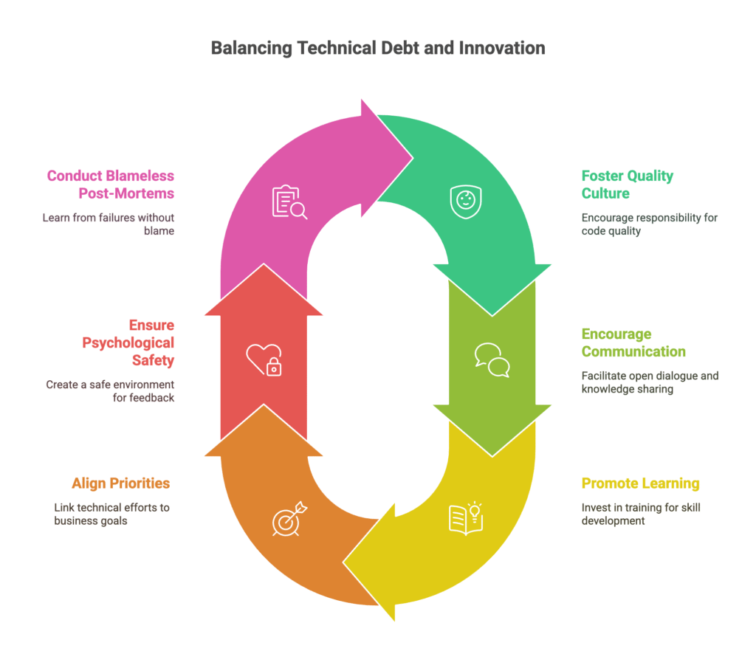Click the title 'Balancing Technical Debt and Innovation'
(378, 48)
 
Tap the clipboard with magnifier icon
(289, 202)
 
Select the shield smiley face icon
(466, 202)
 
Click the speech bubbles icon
(492, 360)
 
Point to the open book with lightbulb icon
(466, 519)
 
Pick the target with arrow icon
(289, 519)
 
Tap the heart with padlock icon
(264, 359)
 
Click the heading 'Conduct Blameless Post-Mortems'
(111, 185)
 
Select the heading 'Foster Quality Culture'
(628, 185)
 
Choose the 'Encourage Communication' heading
(633, 342)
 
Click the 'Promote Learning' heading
(640, 483)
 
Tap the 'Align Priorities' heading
(120, 483)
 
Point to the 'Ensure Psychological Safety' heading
(128, 342)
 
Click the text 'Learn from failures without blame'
(108, 224)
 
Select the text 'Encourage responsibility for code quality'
(650, 224)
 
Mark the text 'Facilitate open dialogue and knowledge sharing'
(650, 382)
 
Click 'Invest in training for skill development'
(641, 514)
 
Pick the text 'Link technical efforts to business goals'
(112, 514)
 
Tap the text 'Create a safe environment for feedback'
(110, 391)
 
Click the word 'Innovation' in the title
(502, 48)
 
